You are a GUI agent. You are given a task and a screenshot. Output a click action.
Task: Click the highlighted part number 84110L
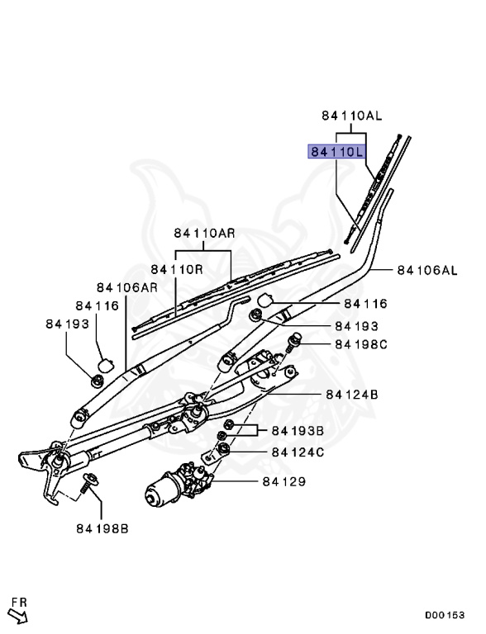pyautogui.click(x=336, y=152)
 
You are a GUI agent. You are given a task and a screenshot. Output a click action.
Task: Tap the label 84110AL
pyautogui.click(x=351, y=116)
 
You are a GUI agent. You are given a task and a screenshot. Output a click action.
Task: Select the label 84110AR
pyautogui.click(x=204, y=233)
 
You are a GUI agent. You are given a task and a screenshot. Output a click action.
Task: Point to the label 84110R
pyautogui.click(x=177, y=269)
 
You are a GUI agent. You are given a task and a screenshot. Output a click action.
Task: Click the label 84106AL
pyautogui.click(x=426, y=270)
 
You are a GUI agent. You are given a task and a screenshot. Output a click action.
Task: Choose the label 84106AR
pyautogui.click(x=126, y=287)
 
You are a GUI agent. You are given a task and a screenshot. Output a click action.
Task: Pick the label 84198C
pyautogui.click(x=361, y=344)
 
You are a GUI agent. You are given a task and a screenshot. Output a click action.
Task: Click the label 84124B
pyautogui.click(x=351, y=395)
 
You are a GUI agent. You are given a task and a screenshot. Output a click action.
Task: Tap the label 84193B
pyautogui.click(x=298, y=431)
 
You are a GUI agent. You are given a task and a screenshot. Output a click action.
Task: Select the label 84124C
pyautogui.click(x=298, y=452)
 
